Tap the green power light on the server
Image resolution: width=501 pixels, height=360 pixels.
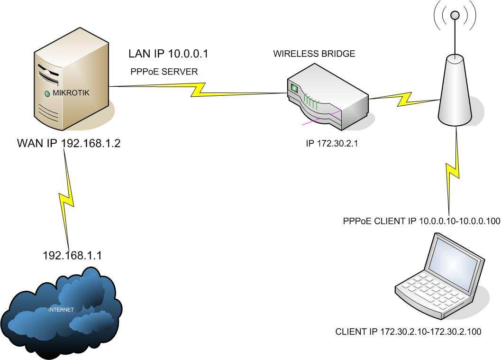[47, 93]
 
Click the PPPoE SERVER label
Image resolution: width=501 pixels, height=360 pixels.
[164, 72]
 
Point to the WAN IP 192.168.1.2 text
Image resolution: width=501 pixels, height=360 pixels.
[69, 143]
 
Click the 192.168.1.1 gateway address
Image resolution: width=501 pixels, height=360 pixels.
[72, 256]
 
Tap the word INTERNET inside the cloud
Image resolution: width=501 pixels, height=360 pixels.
[62, 310]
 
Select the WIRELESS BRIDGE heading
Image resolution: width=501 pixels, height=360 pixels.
[314, 54]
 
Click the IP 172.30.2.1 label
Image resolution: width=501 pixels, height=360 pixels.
[331, 144]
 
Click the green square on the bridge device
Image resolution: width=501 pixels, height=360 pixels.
[294, 88]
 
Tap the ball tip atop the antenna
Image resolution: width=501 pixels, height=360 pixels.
[455, 16]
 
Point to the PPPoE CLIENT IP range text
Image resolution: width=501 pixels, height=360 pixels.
[421, 221]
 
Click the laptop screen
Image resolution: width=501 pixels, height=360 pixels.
[455, 259]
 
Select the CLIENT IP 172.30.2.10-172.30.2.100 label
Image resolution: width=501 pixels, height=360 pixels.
[408, 332]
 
